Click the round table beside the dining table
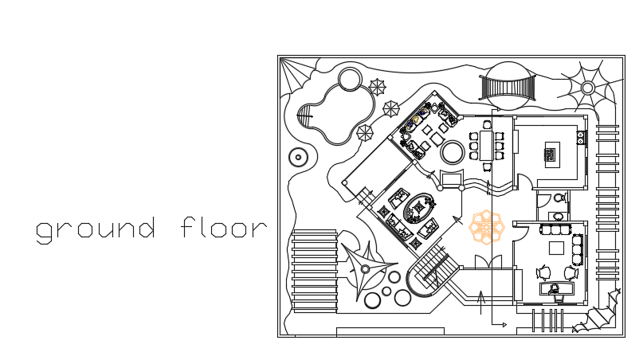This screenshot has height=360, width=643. (453, 151)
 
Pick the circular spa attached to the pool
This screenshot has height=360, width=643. (349, 80)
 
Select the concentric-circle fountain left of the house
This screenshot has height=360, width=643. (299, 157)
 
